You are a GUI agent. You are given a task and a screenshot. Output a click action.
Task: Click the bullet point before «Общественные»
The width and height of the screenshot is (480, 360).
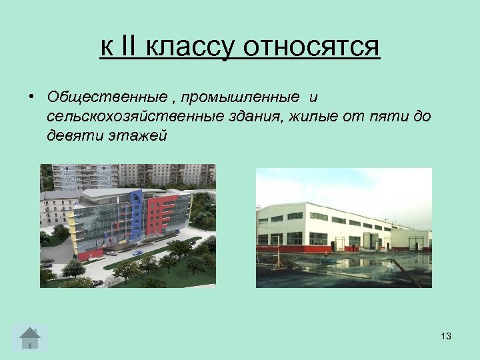coord(31,97)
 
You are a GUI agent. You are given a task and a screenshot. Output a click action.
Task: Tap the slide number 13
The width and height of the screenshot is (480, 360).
coord(446,336)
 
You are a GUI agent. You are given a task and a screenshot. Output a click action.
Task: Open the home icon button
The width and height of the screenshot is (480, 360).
coord(30,337)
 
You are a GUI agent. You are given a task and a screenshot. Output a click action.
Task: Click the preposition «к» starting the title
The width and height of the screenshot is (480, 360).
coord(105,47)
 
